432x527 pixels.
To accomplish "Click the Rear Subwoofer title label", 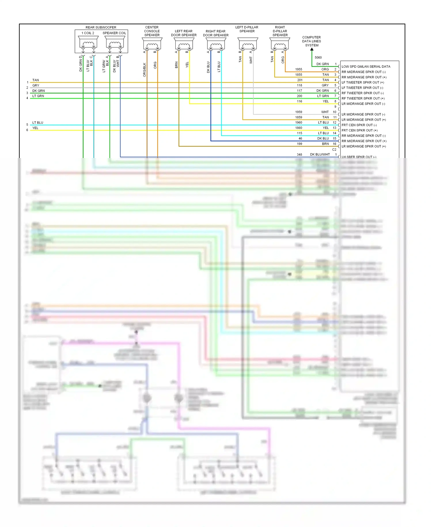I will coord(101,27).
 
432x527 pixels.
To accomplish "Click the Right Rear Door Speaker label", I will coord(216,33).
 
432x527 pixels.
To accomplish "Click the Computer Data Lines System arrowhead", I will coord(312,50).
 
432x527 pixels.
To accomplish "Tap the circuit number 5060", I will coord(318,58).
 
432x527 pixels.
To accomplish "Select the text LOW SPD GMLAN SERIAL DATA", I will coord(366,67).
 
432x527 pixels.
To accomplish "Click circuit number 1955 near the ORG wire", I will coord(299,69).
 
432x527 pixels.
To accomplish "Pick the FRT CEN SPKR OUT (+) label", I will coord(359,130).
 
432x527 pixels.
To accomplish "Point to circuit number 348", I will coord(300,155).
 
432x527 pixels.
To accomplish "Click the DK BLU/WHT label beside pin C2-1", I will coord(320,155).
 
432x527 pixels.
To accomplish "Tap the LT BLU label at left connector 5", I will coord(38,123).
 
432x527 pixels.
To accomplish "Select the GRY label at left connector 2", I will coord(36,85).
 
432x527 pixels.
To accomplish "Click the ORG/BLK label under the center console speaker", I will coord(145,70).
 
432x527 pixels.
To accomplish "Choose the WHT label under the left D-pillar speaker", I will coord(251,60).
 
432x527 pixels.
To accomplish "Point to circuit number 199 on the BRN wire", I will coord(300,144).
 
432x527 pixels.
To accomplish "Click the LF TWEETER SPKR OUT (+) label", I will coord(363,82).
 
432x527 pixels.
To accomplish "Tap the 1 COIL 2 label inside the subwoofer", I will coord(88,33).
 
